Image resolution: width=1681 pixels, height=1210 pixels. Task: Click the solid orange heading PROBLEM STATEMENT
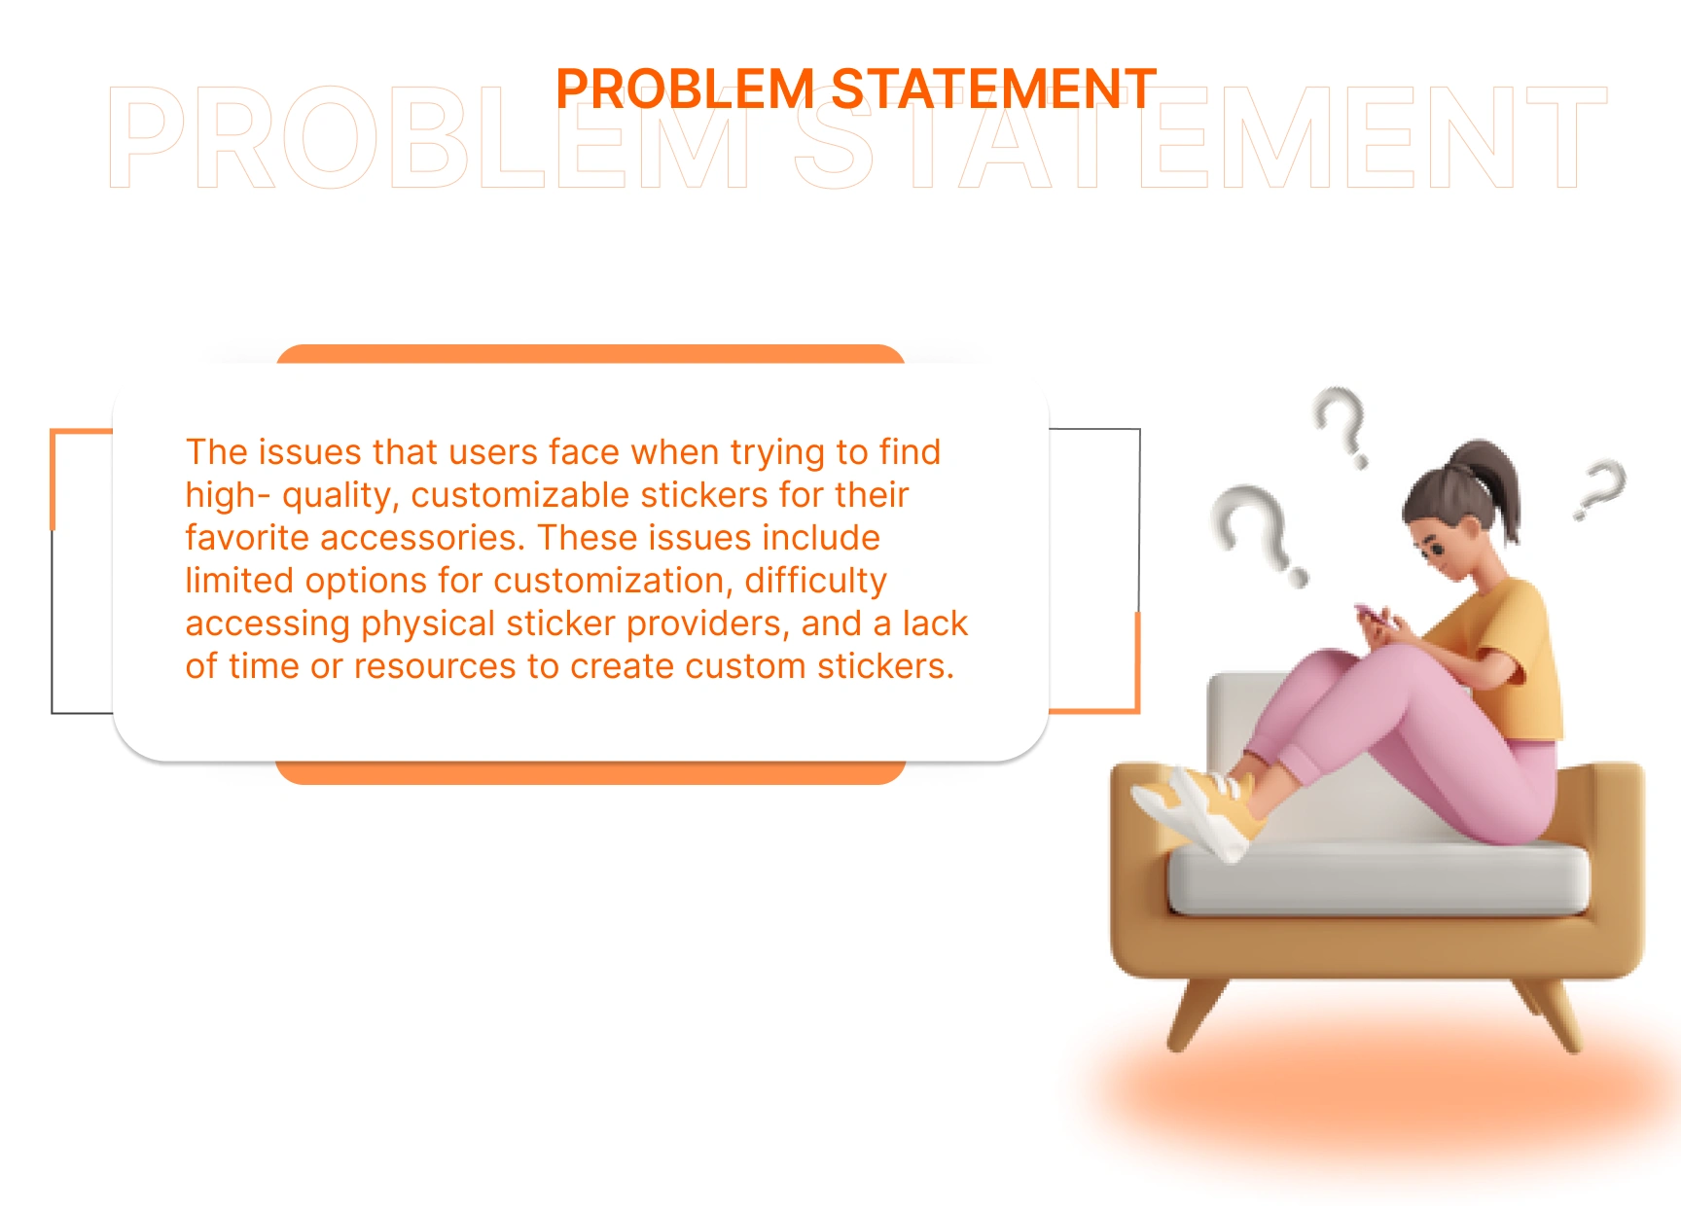tap(856, 89)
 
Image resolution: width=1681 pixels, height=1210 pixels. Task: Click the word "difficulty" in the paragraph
tap(815, 582)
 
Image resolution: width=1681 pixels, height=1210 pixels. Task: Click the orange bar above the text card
tap(590, 354)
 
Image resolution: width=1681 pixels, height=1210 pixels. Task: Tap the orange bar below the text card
tap(590, 772)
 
